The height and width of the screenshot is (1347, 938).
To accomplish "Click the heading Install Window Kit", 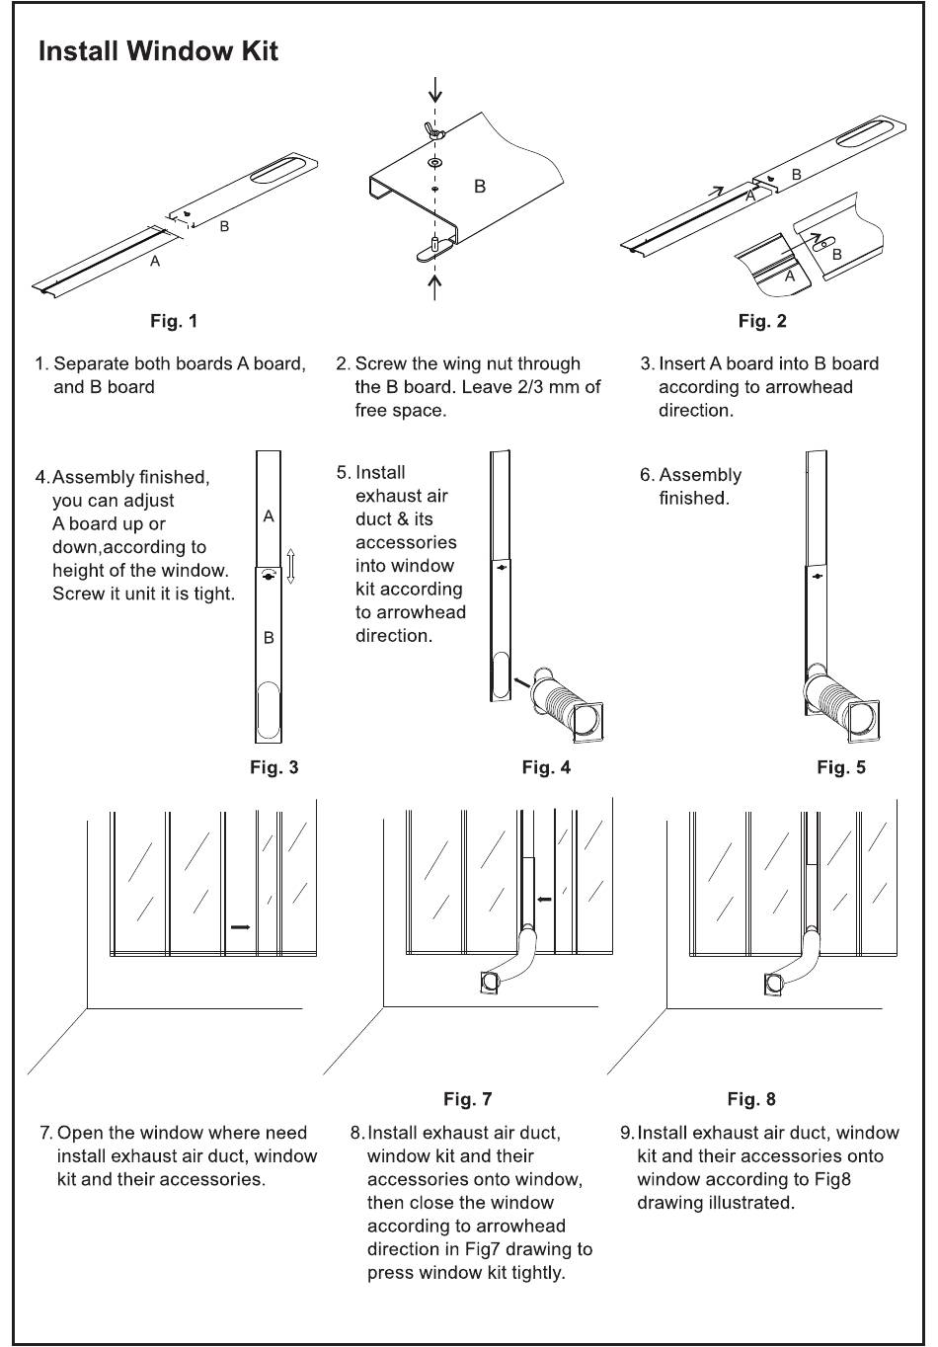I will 158,51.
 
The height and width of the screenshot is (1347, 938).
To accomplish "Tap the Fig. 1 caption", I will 174,321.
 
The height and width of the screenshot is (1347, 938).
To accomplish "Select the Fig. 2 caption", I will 762,321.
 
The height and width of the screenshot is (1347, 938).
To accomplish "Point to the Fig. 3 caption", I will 274,767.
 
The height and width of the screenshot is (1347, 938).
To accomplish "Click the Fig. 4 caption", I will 546,767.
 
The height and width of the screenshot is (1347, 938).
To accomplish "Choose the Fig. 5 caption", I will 841,767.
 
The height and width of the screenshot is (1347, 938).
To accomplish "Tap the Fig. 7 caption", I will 467,1099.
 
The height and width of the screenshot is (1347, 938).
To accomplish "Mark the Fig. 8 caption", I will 751,1099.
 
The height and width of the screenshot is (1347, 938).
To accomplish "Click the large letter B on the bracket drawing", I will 480,186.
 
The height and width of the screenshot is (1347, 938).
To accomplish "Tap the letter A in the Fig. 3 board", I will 269,516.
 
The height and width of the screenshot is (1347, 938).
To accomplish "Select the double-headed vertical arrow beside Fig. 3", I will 291,567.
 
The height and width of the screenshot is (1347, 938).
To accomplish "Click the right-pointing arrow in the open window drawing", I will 240,927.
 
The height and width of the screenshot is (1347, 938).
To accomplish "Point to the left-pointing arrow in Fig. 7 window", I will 543,900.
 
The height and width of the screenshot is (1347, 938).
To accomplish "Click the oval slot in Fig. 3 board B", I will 269,713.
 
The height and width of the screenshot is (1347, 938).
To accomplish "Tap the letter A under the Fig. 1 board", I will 155,262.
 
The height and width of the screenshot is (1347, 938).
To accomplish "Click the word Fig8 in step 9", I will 830,1179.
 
